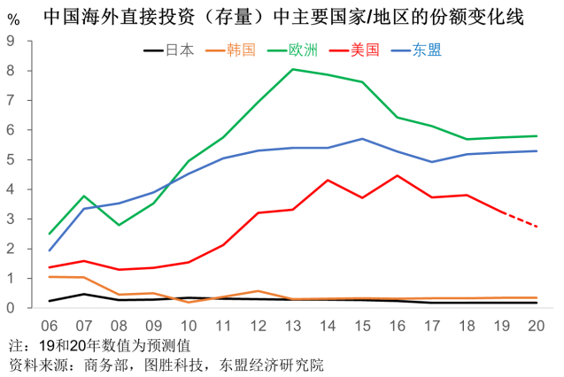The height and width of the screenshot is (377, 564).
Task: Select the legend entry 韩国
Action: (x=242, y=50)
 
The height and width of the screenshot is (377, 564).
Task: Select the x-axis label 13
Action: (x=293, y=326)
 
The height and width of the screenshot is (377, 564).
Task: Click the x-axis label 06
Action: (x=50, y=326)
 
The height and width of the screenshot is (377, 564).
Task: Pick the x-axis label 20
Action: (x=536, y=326)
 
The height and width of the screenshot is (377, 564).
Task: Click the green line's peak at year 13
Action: (x=293, y=69)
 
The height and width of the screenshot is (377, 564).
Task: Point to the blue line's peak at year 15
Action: (x=362, y=139)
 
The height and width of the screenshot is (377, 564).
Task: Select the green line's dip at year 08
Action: (x=119, y=225)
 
